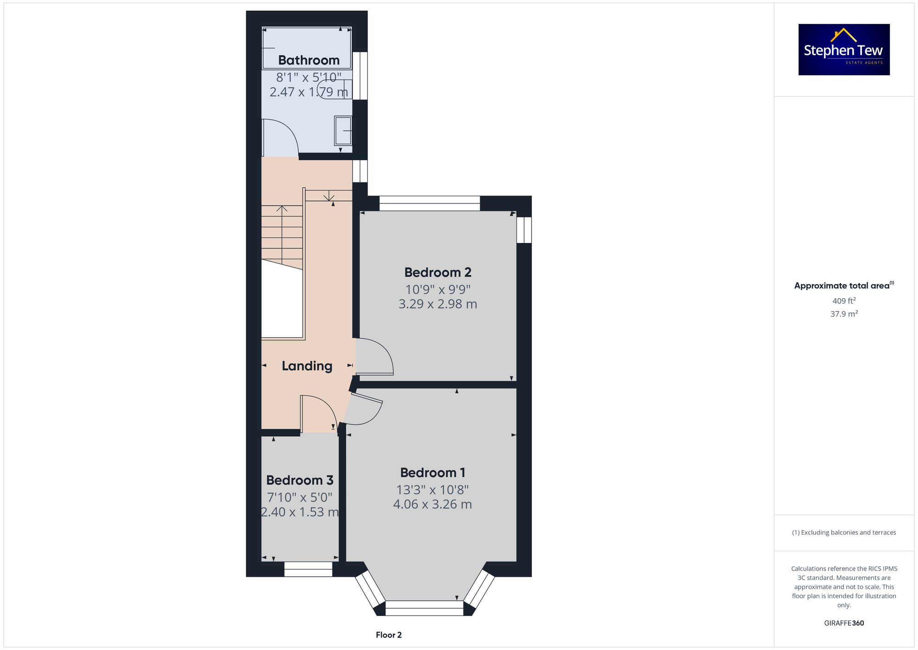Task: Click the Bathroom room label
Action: [308, 60]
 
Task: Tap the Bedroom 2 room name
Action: [437, 272]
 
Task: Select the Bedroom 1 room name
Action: [432, 473]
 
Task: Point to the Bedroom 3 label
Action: [300, 480]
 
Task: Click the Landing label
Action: [307, 366]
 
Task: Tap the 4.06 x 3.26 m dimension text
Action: [432, 504]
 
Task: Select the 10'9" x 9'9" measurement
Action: [437, 290]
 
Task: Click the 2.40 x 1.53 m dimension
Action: [300, 512]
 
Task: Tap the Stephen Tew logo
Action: [844, 50]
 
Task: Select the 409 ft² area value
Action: [844, 301]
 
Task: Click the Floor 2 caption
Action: [388, 635]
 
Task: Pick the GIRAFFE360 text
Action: [844, 623]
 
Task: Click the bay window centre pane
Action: [424, 608]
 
